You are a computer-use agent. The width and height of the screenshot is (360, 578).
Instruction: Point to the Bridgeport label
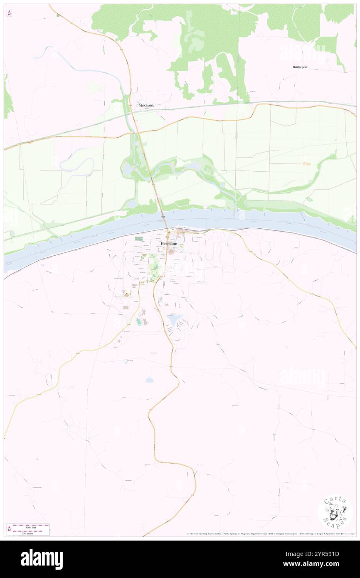(x=299, y=67)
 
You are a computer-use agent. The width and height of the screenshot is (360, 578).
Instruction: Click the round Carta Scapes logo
(x=335, y=513)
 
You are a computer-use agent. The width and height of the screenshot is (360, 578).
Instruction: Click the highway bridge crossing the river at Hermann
(x=165, y=219)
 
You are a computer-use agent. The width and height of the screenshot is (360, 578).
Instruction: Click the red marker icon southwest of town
(x=127, y=295)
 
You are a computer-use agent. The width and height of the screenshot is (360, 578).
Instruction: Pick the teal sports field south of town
(x=138, y=321)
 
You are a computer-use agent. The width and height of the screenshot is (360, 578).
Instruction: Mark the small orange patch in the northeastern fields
(x=307, y=163)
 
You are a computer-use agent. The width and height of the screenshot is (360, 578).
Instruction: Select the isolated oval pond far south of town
(x=149, y=380)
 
